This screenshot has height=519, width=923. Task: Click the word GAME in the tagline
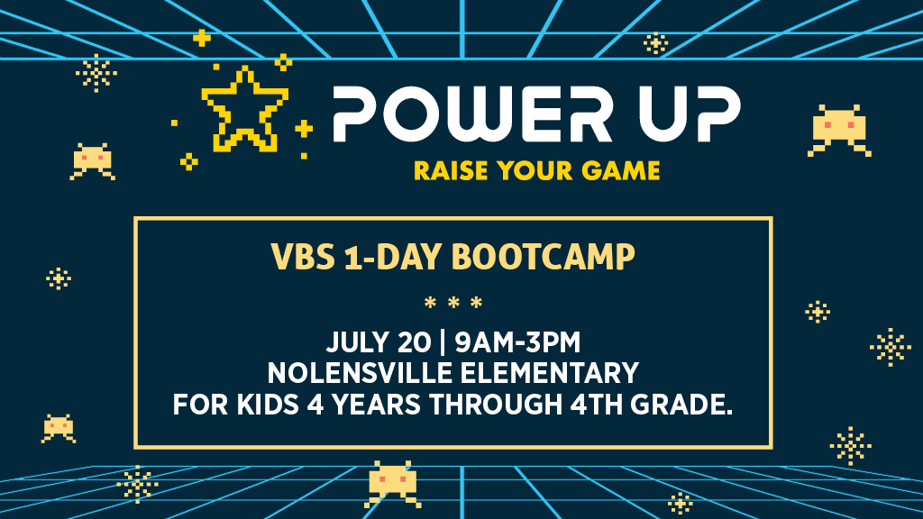620,170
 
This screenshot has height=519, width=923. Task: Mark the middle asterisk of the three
453,303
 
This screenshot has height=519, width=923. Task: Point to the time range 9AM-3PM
517,342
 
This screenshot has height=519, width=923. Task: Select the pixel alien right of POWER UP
839,131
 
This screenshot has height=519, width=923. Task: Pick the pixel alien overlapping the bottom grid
393,484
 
